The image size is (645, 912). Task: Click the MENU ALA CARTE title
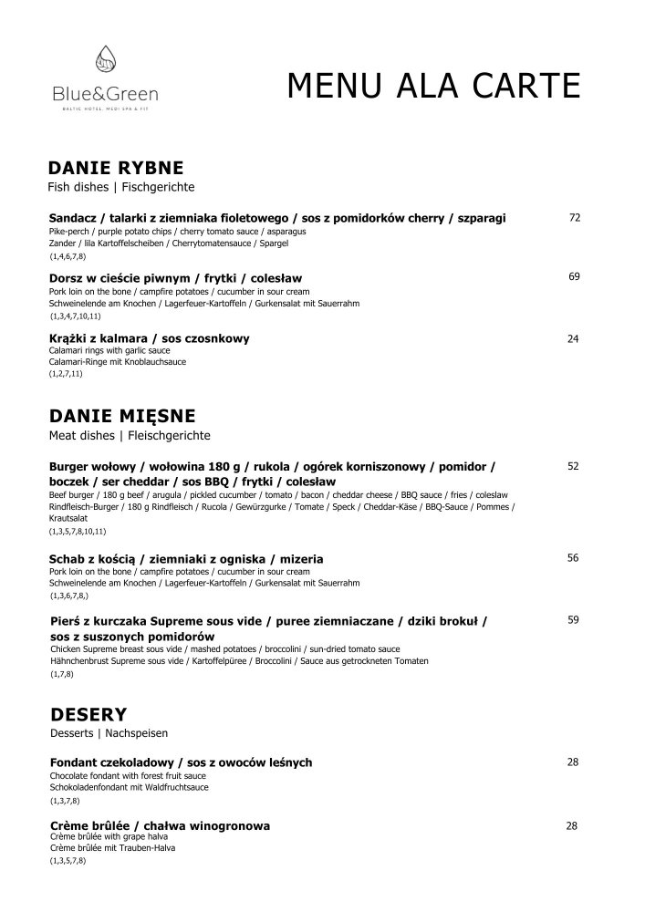tap(433, 87)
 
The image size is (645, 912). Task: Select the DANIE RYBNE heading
tap(115, 168)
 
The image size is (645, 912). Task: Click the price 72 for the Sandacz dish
tap(575, 218)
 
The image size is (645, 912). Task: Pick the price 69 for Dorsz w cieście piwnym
tap(575, 276)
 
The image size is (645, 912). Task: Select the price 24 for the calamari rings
tap(574, 338)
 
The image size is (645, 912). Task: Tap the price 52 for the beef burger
tap(574, 466)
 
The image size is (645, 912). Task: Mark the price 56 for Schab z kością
tap(574, 558)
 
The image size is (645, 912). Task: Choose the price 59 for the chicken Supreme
tap(574, 620)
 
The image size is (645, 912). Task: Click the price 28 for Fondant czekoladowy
tap(573, 762)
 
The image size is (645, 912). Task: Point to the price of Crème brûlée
tap(573, 826)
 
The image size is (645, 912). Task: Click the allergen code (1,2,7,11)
tap(66, 374)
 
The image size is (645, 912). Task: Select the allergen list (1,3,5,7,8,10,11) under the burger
tap(78, 531)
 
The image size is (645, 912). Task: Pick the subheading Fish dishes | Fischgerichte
tap(120, 187)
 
